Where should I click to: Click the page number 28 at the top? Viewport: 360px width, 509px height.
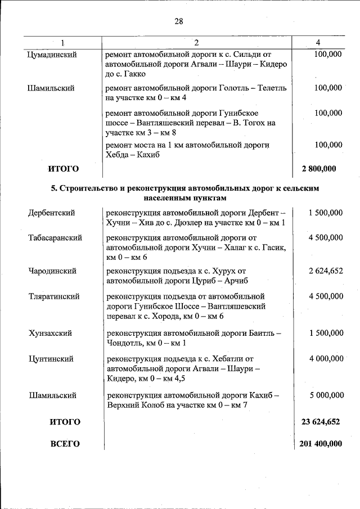[x=179, y=21]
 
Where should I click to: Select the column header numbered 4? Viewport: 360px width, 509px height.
[x=318, y=43]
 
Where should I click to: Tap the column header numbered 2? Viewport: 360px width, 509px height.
[x=196, y=43]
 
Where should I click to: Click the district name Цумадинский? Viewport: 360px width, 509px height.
[x=52, y=55]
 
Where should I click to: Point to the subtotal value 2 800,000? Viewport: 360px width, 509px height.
[x=319, y=168]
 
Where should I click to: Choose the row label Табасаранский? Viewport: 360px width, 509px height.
[x=55, y=238]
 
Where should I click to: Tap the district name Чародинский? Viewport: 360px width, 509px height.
[x=52, y=271]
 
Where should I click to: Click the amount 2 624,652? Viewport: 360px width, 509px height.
[x=325, y=271]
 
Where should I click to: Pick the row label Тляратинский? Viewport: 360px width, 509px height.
[x=54, y=296]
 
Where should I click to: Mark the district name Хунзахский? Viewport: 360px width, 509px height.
[x=51, y=333]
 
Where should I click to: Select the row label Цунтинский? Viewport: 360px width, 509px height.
[x=51, y=358]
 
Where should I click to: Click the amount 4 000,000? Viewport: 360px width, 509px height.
[x=325, y=358]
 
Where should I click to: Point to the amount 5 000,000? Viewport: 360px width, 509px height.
[x=325, y=395]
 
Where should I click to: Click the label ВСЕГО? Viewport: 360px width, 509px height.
[x=65, y=444]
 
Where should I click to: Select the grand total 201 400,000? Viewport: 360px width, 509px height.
[x=320, y=444]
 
